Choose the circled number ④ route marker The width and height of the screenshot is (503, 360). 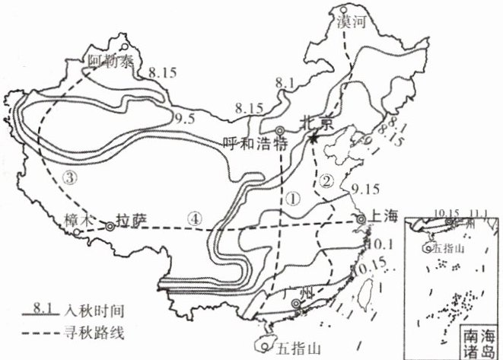click(x=197, y=217)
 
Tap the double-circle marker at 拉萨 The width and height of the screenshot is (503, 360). click(x=111, y=226)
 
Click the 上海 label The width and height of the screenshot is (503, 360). click(x=383, y=216)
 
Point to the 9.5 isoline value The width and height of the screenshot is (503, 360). click(x=183, y=119)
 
